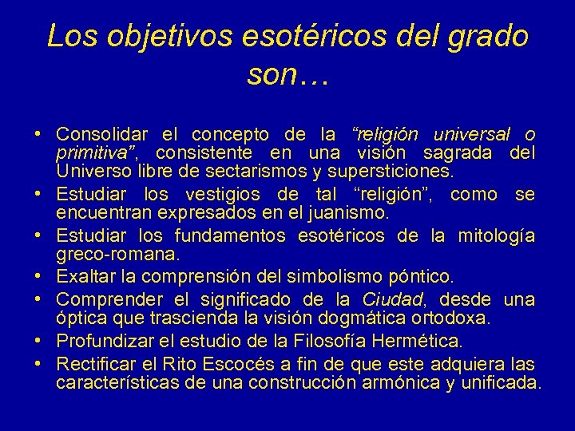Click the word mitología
[x=496, y=236]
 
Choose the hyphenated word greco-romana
[x=118, y=255]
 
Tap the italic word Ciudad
[x=391, y=299]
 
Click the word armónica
[x=395, y=383]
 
